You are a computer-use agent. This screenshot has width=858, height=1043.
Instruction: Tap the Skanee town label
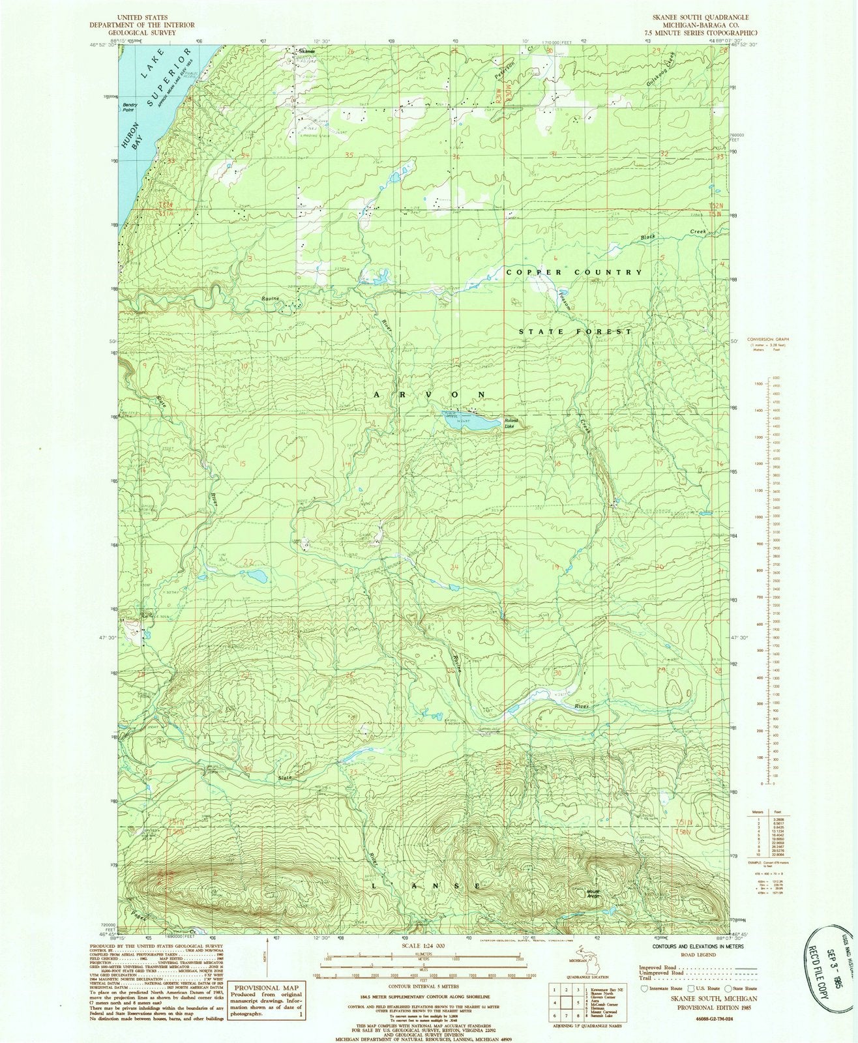click(306, 51)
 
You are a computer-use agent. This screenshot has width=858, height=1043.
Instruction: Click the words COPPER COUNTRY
click(574, 272)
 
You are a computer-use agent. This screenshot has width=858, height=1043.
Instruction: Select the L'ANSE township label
click(426, 886)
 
